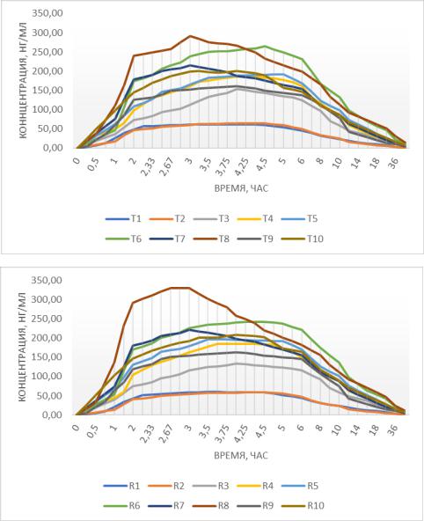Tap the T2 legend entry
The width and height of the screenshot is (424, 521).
pos(167,218)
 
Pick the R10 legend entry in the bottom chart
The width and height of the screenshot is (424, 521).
pos(302,506)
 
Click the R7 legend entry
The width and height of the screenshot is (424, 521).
pos(167,506)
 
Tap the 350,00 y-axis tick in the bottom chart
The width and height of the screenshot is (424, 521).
pos(47,280)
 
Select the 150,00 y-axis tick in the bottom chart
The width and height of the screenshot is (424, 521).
pos(47,356)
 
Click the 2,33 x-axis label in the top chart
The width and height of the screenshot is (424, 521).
pos(148,166)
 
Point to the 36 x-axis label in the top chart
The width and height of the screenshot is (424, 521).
pos(393,163)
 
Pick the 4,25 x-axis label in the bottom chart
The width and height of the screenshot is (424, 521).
pos(242,434)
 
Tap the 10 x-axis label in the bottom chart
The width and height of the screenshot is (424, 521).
pos(337,430)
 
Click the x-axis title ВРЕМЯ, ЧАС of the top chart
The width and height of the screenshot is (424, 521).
pos(241,188)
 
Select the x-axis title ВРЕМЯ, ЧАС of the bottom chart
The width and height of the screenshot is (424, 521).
pos(241,455)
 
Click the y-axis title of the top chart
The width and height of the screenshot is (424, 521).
pos(22,80)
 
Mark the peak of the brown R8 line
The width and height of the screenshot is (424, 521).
pos(180,288)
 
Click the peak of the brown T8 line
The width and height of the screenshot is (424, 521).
pos(190,36)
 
